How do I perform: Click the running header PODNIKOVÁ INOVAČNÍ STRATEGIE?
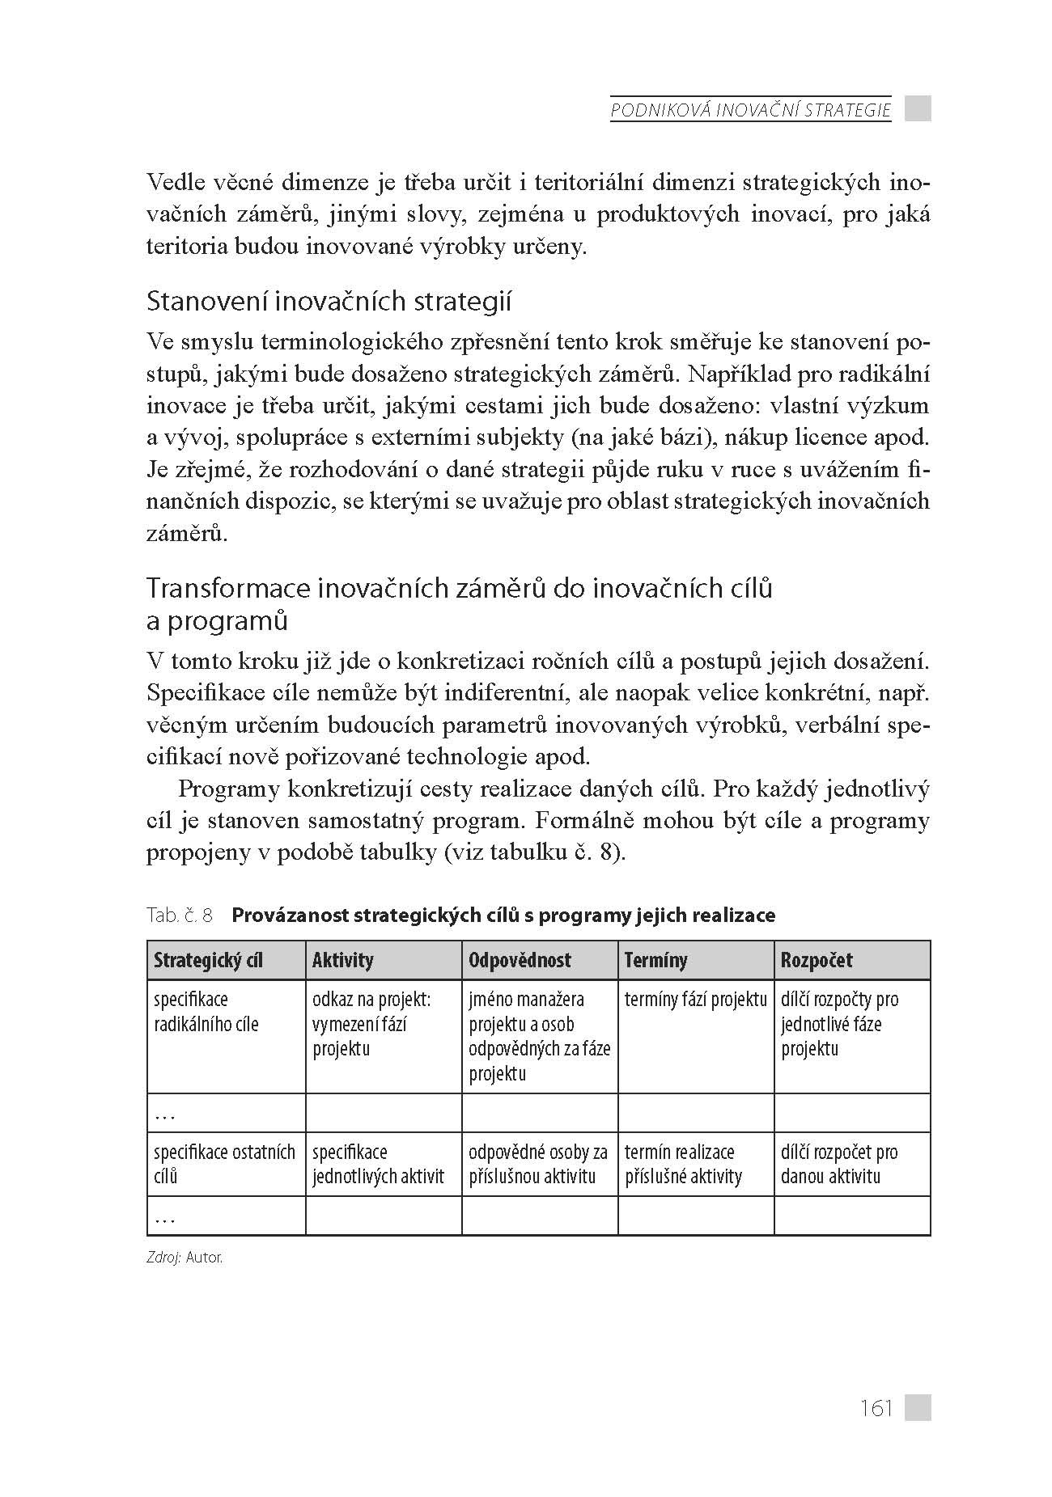point(750,110)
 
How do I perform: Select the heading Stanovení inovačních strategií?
point(329,302)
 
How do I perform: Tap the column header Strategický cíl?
point(208,960)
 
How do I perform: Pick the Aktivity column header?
point(343,960)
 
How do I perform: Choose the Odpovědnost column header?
point(520,960)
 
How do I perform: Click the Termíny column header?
point(655,960)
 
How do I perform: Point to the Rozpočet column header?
point(817,960)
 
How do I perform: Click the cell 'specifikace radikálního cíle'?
point(206,1012)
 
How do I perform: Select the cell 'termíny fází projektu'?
point(695,1000)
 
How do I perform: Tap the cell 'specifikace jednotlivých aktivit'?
point(378,1164)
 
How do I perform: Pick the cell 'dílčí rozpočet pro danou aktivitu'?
point(838,1164)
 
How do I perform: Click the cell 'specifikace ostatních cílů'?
point(224,1164)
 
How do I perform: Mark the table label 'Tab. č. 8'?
point(180,916)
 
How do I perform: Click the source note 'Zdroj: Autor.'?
point(185,1258)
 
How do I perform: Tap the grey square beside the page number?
point(918,1407)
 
